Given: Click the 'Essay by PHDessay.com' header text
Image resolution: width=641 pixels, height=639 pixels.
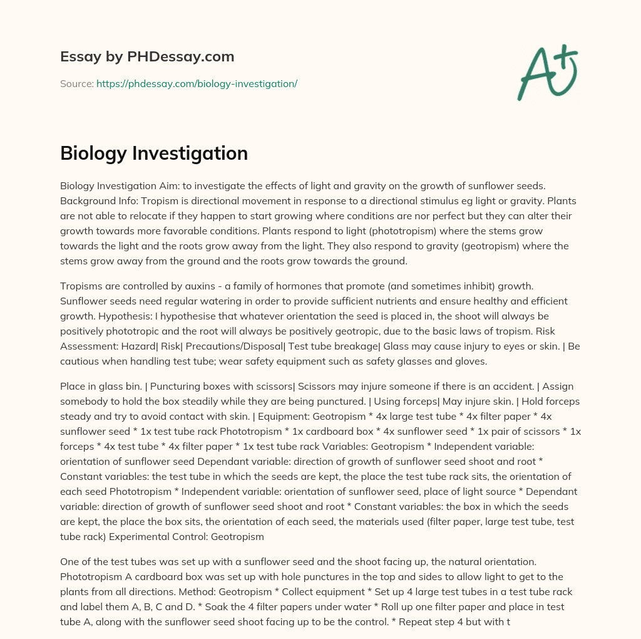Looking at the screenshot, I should tap(147, 57).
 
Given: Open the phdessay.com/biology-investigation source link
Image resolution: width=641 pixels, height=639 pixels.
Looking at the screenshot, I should tap(197, 83).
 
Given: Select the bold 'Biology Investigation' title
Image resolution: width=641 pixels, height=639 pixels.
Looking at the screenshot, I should tap(154, 153).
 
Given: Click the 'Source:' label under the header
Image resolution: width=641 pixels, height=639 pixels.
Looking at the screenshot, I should tap(77, 83).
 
